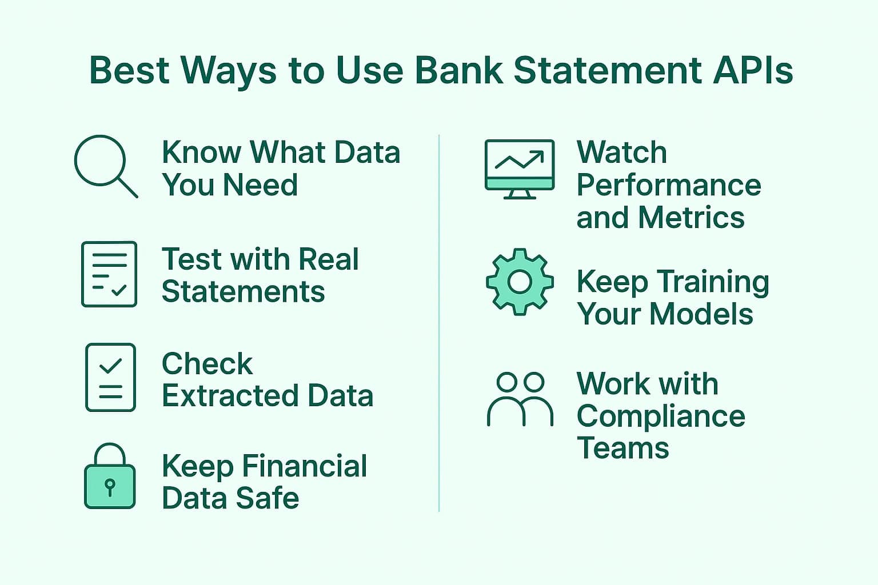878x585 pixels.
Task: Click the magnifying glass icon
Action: (x=101, y=161)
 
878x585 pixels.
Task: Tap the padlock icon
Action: (x=110, y=476)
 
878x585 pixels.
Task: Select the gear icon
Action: (x=520, y=282)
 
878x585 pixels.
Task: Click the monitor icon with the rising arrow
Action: (x=520, y=169)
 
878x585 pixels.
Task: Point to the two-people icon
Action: (x=520, y=399)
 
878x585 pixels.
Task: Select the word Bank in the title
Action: (x=459, y=71)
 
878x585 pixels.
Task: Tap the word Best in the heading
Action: (x=130, y=71)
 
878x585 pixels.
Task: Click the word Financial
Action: (x=305, y=466)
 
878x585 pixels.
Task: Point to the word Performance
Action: (x=669, y=186)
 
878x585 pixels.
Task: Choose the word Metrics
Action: (x=691, y=217)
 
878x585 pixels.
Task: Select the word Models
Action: (x=701, y=314)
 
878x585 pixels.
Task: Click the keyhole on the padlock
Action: (x=110, y=487)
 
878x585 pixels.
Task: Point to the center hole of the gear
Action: (x=520, y=282)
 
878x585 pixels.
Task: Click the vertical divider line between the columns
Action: (x=439, y=323)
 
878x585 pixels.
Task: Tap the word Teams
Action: (x=623, y=448)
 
